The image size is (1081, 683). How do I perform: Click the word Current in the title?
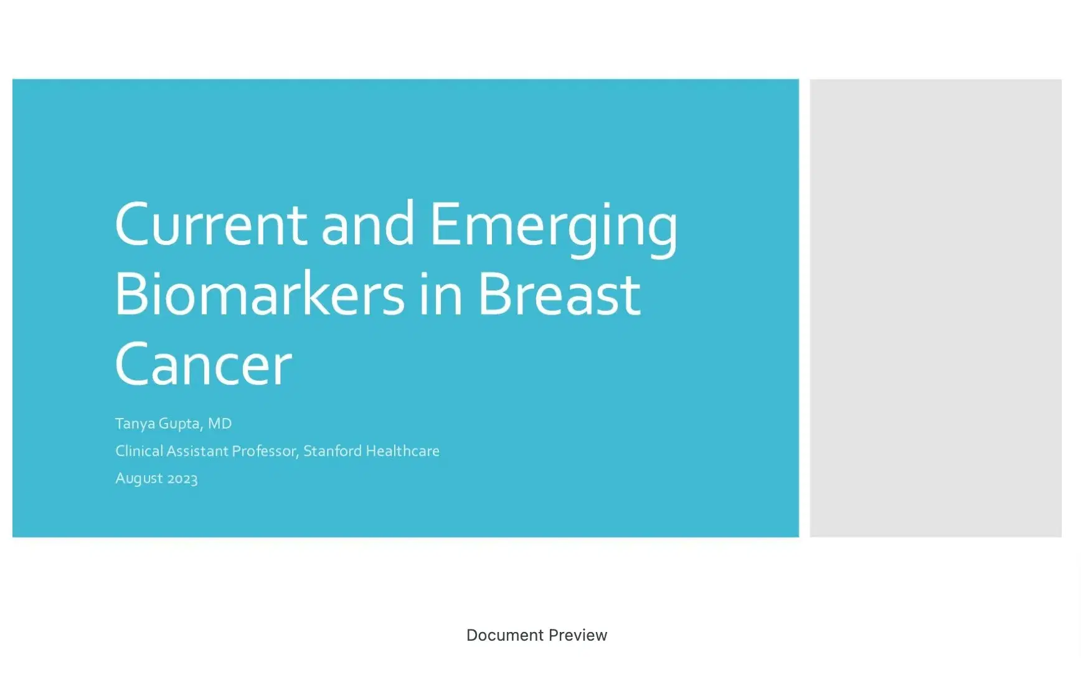coord(210,225)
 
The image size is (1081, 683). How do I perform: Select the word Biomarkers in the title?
coord(259,294)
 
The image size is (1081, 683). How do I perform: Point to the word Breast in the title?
coord(559,294)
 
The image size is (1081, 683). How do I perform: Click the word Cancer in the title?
coord(203,365)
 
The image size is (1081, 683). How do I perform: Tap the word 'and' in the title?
coord(367,225)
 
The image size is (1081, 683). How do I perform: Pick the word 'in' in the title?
coord(440,294)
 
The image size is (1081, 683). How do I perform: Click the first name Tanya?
coord(135,424)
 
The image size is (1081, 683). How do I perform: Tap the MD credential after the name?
coord(219,424)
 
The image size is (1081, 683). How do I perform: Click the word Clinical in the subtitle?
coord(139,451)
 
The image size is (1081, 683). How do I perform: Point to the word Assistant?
coord(197,451)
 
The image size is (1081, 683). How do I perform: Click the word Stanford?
coord(332,451)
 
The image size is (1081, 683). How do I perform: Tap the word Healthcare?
coord(402,451)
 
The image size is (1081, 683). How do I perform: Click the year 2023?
coord(182,479)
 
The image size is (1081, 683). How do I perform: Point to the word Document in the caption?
coord(505,635)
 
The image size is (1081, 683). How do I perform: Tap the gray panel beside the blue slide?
coord(935,308)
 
